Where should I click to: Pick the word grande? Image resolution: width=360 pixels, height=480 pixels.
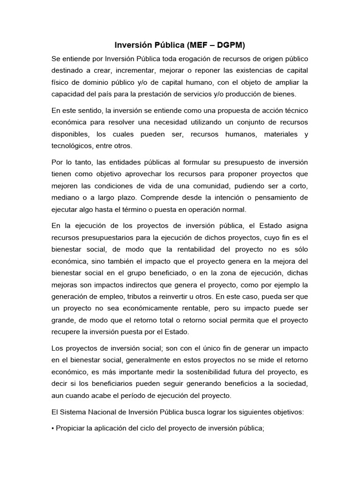click(x=64, y=320)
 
